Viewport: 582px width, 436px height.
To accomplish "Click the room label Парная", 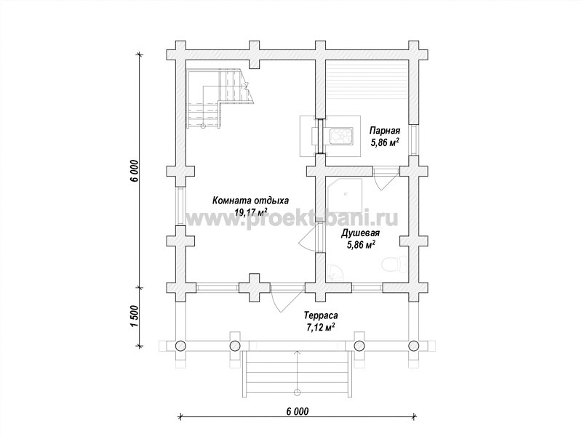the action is point(385,131).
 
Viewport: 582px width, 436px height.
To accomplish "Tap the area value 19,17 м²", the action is point(251,212).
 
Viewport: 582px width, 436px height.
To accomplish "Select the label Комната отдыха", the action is point(250,201).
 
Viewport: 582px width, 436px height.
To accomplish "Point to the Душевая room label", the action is point(360,233).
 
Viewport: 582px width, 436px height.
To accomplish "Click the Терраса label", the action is point(321,316).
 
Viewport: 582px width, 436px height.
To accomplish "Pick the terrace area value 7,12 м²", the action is point(321,327).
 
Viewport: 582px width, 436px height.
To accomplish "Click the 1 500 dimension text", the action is point(135,316).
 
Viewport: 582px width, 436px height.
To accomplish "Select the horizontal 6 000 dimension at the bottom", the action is point(298,411).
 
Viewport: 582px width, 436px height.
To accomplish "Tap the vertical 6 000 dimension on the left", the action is point(135,171).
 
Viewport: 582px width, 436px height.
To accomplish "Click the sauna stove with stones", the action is point(340,135).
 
